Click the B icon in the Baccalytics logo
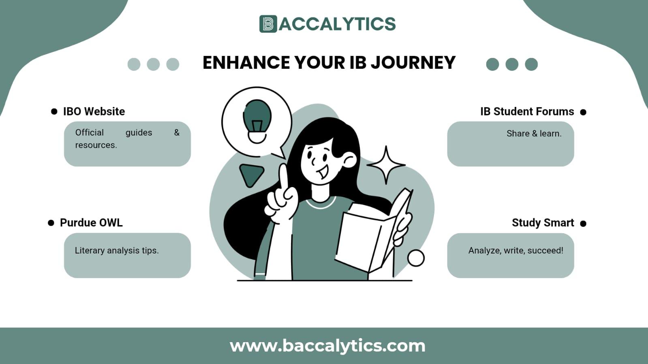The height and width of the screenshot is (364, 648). [x=268, y=24]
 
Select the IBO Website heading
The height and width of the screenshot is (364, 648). [x=94, y=111]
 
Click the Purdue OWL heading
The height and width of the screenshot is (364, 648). [x=91, y=223]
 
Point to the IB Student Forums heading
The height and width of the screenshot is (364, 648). [x=527, y=111]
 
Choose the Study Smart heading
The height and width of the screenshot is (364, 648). [x=543, y=223]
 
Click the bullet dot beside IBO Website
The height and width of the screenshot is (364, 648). [x=54, y=112]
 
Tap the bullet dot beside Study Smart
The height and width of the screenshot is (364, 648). [x=583, y=224]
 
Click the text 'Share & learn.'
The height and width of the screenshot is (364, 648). [x=534, y=134]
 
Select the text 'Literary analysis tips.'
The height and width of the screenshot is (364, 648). [x=117, y=251]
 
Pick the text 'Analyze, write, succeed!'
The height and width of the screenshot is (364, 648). [x=515, y=251]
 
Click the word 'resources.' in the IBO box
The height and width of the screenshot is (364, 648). [x=96, y=145]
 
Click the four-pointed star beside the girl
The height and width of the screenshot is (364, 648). [x=386, y=165]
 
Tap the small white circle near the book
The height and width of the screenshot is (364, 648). [x=416, y=258]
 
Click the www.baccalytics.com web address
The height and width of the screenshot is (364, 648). [x=327, y=346]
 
